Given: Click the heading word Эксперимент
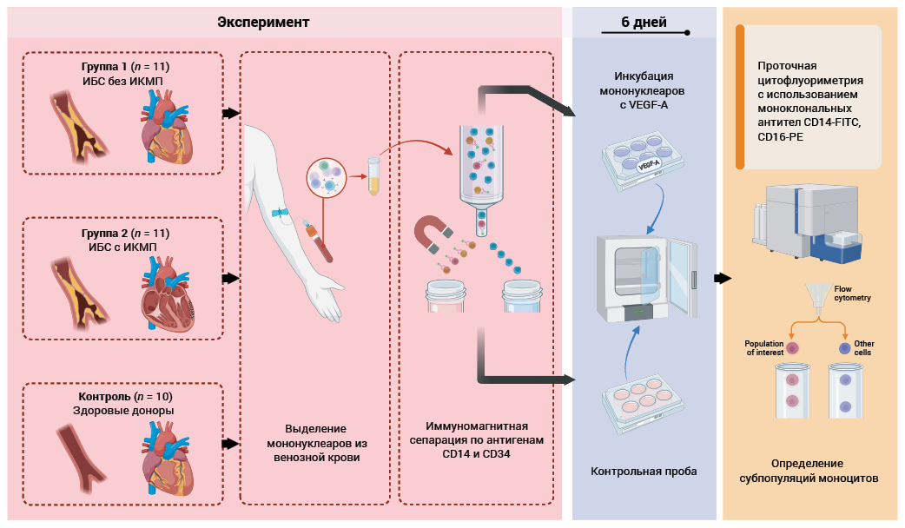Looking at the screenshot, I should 264,21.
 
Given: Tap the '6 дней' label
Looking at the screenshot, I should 644,23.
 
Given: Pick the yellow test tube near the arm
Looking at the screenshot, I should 374,174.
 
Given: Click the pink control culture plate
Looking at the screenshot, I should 642,399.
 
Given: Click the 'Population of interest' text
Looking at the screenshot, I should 764,347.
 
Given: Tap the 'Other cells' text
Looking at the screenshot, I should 864,347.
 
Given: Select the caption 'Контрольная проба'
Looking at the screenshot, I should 644,472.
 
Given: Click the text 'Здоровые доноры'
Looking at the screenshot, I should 122,411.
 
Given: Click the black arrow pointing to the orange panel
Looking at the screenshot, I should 721,278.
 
